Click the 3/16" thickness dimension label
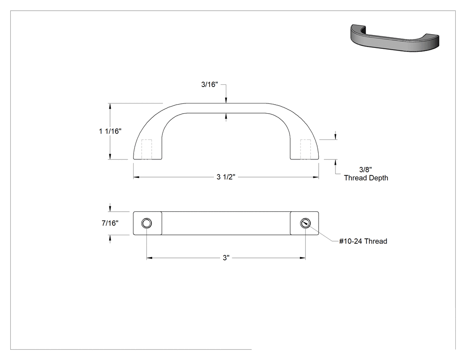coord(209,84)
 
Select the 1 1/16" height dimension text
coord(110,131)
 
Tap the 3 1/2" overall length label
coord(226,177)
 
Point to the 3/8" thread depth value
coord(366,170)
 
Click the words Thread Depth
coord(366,178)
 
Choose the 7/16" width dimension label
coord(110,223)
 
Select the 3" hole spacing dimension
coord(226,258)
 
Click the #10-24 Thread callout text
coord(363,241)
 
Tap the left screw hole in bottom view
coord(146,223)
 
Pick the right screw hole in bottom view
coord(305,223)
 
